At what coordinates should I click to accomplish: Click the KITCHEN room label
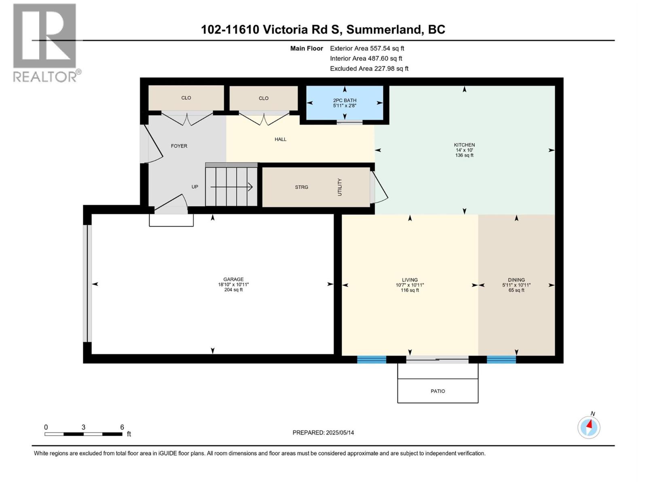pyautogui.click(x=464, y=145)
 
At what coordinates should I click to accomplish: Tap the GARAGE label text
pyautogui.click(x=233, y=279)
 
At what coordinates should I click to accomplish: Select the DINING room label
pyautogui.click(x=516, y=280)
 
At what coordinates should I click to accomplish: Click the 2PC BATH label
pyautogui.click(x=345, y=100)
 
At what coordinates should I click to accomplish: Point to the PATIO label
pyautogui.click(x=438, y=391)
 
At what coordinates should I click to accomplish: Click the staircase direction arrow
pyautogui.click(x=231, y=187)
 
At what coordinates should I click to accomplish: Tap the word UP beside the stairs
pyautogui.click(x=195, y=187)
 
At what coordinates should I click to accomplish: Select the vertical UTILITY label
pyautogui.click(x=340, y=187)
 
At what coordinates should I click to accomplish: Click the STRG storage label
pyautogui.click(x=301, y=187)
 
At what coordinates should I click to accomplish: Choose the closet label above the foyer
pyautogui.click(x=186, y=98)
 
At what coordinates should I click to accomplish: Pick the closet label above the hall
pyautogui.click(x=264, y=98)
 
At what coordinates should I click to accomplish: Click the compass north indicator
pyautogui.click(x=589, y=426)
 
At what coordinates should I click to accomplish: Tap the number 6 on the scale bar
pyautogui.click(x=122, y=427)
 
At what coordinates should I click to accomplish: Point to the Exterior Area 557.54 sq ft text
pyautogui.click(x=367, y=48)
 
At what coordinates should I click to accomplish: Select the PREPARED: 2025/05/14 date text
pyautogui.click(x=323, y=432)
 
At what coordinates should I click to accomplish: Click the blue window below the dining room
pyautogui.click(x=501, y=359)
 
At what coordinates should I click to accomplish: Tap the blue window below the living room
pyautogui.click(x=372, y=359)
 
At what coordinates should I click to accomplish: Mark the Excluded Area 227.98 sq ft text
pyautogui.click(x=369, y=68)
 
